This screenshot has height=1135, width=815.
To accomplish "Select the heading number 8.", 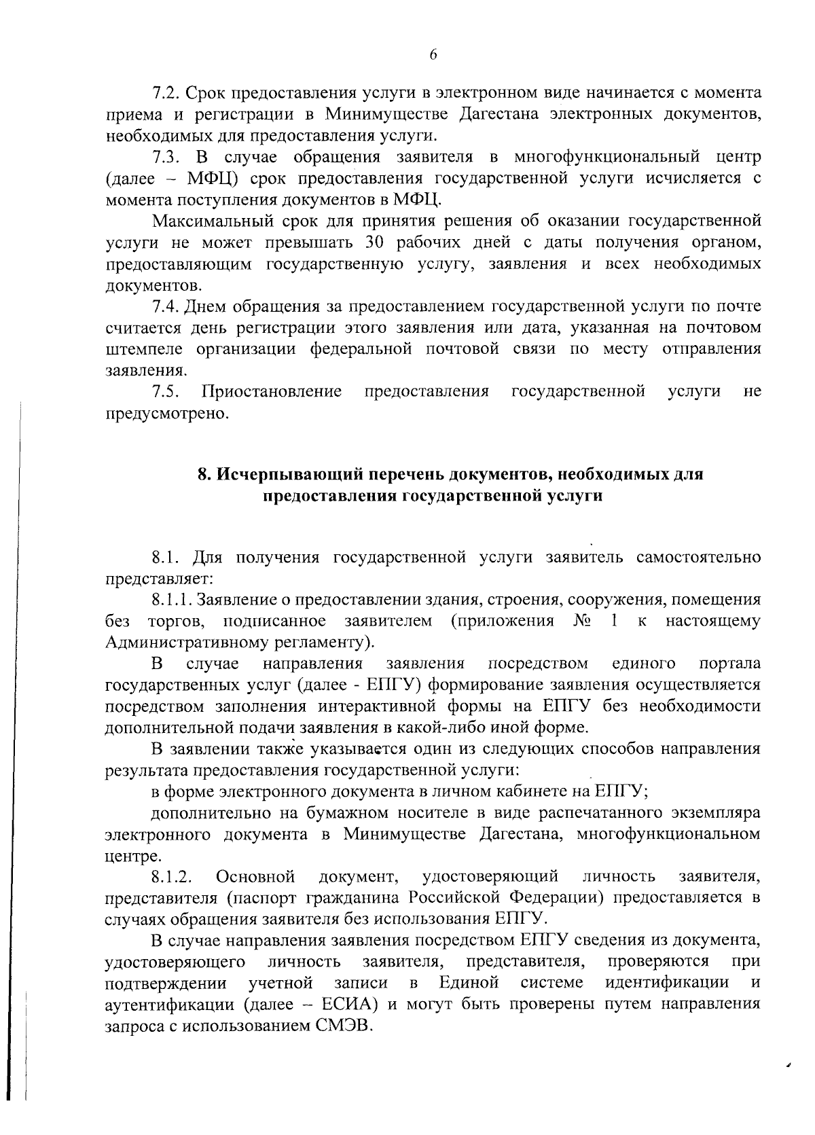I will (x=202, y=474).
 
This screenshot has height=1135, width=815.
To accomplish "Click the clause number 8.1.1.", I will (x=173, y=600).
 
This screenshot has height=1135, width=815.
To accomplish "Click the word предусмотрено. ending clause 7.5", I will (x=166, y=413).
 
